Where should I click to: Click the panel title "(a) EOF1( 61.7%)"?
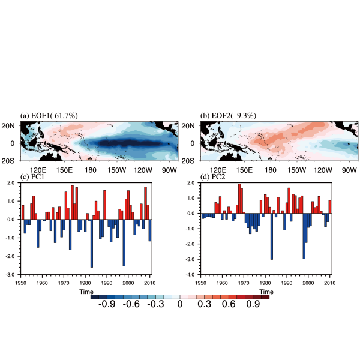coord(50,115)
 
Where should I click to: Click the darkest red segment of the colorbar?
coord(265,296)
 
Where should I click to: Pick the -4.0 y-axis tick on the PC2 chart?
coord(192,275)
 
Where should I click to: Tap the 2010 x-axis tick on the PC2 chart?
coord(330,282)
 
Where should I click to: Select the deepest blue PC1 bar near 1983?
coord(92,243)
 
